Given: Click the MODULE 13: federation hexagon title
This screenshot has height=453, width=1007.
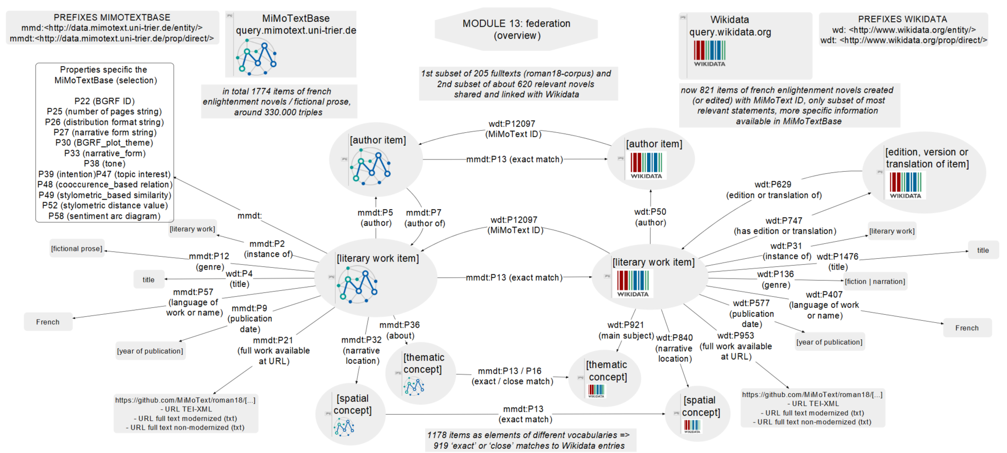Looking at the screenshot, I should pyautogui.click(x=516, y=29).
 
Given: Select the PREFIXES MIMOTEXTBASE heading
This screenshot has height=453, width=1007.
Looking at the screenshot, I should pyautogui.click(x=112, y=18).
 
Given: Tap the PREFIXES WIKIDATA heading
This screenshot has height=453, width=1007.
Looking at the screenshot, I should pyautogui.click(x=902, y=19).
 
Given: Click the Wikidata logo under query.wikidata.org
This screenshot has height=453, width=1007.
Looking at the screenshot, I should pyautogui.click(x=709, y=53).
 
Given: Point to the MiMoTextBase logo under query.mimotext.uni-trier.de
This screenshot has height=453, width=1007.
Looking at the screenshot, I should pyautogui.click(x=257, y=56).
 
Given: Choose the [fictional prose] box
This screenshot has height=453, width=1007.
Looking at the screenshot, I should pyautogui.click(x=76, y=249).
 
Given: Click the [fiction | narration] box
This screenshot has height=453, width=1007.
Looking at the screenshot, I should pyautogui.click(x=875, y=281).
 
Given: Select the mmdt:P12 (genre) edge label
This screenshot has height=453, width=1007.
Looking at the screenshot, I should pyautogui.click(x=209, y=261).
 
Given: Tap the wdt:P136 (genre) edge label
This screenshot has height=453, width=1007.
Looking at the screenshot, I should pyautogui.click(x=775, y=279).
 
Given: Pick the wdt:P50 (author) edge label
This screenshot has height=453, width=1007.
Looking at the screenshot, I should pyautogui.click(x=650, y=217).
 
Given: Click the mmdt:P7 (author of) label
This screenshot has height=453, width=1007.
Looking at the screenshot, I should pyautogui.click(x=424, y=218).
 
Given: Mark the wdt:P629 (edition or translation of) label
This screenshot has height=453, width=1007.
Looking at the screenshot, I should pyautogui.click(x=774, y=189).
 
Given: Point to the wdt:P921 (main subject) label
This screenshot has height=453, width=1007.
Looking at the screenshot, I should pyautogui.click(x=626, y=330).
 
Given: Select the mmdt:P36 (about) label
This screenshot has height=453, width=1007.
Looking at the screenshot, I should pyautogui.click(x=400, y=330).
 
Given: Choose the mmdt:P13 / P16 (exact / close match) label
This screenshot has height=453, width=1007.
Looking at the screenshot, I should pyautogui.click(x=512, y=376).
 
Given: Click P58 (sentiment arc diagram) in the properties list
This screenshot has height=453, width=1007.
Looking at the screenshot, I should pyautogui.click(x=104, y=216).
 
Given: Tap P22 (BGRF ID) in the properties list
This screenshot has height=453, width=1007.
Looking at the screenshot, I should pyautogui.click(x=104, y=101).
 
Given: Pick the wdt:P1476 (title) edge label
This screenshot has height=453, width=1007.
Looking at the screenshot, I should pyautogui.click(x=837, y=261).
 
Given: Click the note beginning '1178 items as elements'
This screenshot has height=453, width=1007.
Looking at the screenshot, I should pyautogui.click(x=529, y=440).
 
